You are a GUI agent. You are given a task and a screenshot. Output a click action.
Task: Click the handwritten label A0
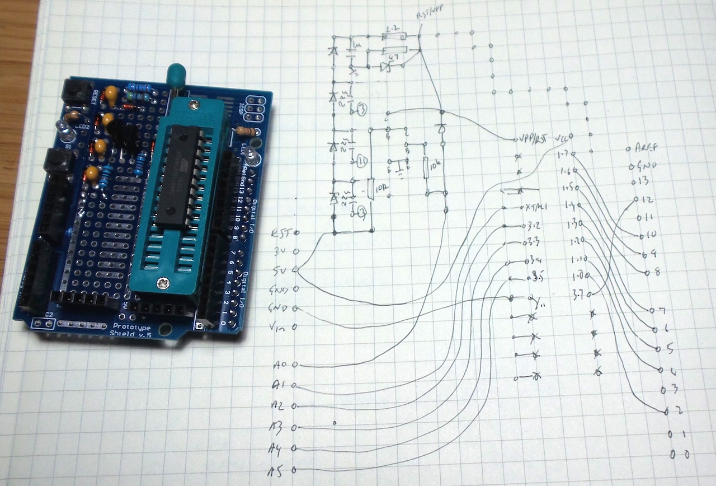point(279,365)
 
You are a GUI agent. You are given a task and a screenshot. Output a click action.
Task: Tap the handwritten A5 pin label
point(279,470)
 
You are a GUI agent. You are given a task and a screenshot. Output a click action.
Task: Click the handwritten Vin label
point(280,326)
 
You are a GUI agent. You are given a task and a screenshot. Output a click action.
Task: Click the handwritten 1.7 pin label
point(563,153)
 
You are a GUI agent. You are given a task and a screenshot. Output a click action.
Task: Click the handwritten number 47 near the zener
point(393,57)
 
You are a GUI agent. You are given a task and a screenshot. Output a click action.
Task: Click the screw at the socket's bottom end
point(163,284)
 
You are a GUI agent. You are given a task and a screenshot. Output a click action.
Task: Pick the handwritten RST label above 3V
point(281,232)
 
